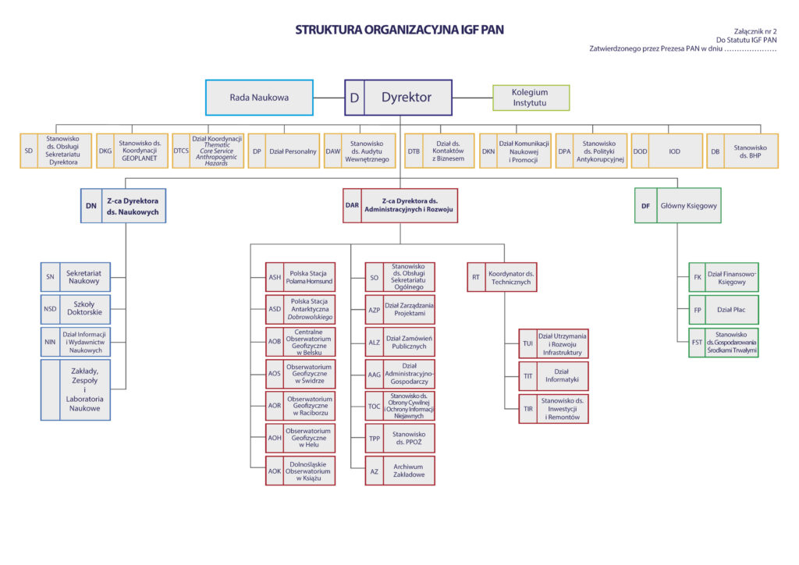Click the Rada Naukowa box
coord(259,98)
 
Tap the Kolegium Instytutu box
coord(531,98)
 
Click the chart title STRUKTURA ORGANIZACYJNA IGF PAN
coord(399,30)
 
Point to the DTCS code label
coord(181,151)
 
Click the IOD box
coord(674,151)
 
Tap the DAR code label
coord(353,206)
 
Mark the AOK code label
coord(275,471)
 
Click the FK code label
coord(698,277)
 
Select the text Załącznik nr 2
coord(755,29)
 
